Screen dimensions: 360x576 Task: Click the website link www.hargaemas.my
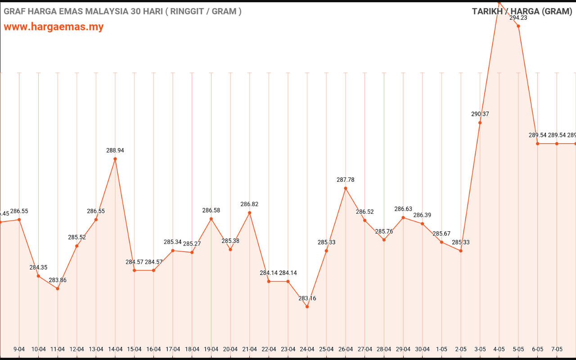coord(54,27)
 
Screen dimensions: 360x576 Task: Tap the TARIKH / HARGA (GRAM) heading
coord(522,11)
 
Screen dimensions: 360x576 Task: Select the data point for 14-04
coord(115,159)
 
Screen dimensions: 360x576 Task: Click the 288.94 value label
coord(115,150)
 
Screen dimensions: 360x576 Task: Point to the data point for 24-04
coord(307,306)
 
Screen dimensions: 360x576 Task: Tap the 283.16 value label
coord(307,298)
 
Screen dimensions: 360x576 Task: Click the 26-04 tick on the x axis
coord(346,349)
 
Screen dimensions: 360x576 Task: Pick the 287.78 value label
coord(346,180)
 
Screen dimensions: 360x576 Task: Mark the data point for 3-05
coord(480,122)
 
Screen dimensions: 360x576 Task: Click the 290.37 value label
coord(480,114)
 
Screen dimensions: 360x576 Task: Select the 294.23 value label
coord(518,18)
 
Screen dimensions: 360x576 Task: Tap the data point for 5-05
coord(518,26)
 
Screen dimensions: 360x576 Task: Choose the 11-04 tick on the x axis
coord(58,349)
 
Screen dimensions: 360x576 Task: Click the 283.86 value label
coord(58,280)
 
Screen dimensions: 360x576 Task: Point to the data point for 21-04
coord(250,212)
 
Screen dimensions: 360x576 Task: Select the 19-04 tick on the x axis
coord(211,349)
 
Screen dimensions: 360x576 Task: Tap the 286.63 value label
coord(403,209)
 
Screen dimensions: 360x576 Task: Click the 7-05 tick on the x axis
coord(557,349)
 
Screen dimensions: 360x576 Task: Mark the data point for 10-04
coord(38,276)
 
